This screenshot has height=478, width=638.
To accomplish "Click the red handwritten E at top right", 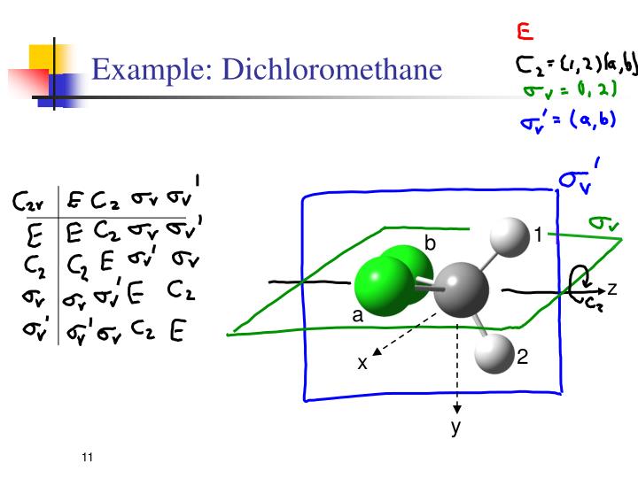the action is pyautogui.click(x=525, y=33).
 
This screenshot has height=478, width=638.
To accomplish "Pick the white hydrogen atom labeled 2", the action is pyautogui.click(x=494, y=354).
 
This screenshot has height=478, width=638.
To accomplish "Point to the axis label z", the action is pyautogui.click(x=611, y=289).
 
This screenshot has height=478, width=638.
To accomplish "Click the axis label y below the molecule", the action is pyautogui.click(x=457, y=428).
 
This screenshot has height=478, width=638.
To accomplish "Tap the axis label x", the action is pyautogui.click(x=362, y=363).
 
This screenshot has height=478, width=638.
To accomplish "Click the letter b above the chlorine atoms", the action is pyautogui.click(x=431, y=240).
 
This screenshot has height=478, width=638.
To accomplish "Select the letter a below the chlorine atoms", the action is pyautogui.click(x=358, y=316).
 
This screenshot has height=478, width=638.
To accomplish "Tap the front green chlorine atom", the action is pyautogui.click(x=381, y=285).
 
